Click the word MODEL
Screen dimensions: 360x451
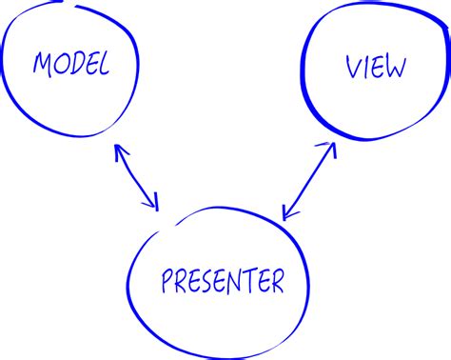click(x=71, y=64)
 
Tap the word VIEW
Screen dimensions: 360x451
click(x=376, y=68)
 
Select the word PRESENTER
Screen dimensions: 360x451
click(x=223, y=282)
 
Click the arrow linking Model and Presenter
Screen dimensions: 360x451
click(x=137, y=176)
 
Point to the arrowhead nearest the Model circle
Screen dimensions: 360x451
click(x=119, y=150)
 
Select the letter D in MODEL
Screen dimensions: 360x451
click(x=75, y=64)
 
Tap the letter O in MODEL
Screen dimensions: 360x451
click(x=60, y=64)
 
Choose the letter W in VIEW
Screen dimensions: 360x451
click(x=395, y=68)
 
